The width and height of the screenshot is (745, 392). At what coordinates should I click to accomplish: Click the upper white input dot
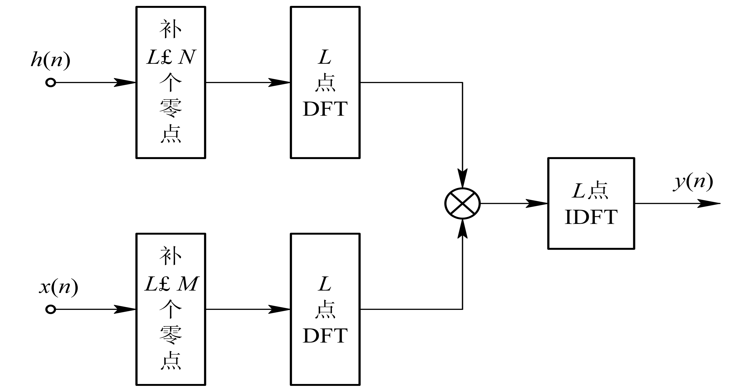(x=51, y=83)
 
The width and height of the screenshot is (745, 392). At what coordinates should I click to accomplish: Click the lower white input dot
(x=51, y=309)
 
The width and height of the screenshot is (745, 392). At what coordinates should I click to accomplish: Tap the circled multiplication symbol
(x=462, y=203)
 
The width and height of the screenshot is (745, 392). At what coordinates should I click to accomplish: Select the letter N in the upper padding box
(x=187, y=57)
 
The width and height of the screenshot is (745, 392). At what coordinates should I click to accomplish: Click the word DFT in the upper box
(x=325, y=109)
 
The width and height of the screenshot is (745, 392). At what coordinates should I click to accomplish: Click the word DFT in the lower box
(x=325, y=336)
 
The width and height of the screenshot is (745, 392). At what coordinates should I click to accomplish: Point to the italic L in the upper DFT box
(x=325, y=57)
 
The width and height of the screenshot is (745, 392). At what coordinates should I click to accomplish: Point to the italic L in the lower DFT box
(x=325, y=284)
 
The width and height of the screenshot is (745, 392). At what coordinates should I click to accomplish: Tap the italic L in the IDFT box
(x=579, y=191)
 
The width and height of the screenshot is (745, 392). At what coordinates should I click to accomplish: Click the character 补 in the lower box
(x=171, y=256)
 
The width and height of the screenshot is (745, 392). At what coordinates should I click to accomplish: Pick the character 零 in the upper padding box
(x=171, y=108)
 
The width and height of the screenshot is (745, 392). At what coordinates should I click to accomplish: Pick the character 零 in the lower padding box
(x=171, y=335)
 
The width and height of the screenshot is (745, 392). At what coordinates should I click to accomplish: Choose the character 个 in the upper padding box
(x=171, y=82)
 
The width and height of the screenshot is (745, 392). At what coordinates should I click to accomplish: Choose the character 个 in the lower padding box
(x=171, y=309)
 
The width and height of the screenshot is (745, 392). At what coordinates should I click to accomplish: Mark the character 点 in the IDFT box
(x=598, y=191)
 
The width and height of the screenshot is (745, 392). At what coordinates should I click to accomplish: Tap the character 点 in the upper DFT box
(x=325, y=83)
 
